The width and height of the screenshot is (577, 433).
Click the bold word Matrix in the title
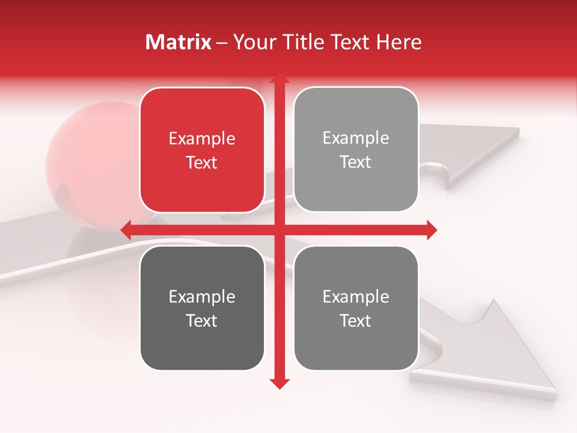[x=179, y=42]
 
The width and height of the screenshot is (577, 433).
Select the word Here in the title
[x=398, y=42]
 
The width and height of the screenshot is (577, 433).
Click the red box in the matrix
[x=202, y=150]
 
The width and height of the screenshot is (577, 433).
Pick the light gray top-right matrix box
[x=356, y=150]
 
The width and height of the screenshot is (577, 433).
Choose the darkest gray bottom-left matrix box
[x=202, y=309]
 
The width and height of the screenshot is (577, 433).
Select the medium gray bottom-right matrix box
[x=356, y=309]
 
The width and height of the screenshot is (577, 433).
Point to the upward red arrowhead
[x=279, y=79]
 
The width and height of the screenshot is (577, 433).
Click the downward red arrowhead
[x=279, y=382]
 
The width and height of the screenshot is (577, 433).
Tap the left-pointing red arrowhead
[x=126, y=230]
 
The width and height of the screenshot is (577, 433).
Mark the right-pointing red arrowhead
[x=431, y=230]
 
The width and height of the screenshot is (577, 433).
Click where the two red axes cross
[x=279, y=230]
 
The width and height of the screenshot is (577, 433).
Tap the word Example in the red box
[x=202, y=139]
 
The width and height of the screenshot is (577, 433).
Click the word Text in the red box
[x=202, y=162]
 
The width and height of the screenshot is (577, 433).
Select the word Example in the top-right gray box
[x=356, y=138]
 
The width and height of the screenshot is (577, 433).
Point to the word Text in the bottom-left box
[x=202, y=321]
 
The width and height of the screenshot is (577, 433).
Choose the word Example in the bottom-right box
[x=356, y=296]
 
